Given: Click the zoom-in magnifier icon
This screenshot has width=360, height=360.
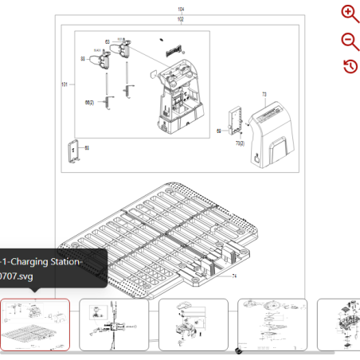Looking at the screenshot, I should (x=350, y=13).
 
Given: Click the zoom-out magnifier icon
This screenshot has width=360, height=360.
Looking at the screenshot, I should (x=350, y=41).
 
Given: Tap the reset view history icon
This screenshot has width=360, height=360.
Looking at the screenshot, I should (x=350, y=66).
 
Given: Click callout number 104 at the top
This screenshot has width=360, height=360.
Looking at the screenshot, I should (x=180, y=10).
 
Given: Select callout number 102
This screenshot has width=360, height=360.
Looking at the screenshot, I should (x=180, y=18).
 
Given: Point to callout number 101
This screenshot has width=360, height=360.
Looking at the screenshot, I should (x=65, y=84).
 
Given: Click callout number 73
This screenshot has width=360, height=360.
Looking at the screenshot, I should (x=264, y=95).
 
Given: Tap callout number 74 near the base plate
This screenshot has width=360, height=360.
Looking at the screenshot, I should (x=235, y=276).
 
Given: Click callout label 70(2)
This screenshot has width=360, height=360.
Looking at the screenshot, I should (x=240, y=143).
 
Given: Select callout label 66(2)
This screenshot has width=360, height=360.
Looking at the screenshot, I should (x=89, y=103).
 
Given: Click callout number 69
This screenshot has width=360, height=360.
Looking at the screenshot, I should (x=219, y=131).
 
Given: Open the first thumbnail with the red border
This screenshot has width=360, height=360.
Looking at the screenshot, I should (x=35, y=324).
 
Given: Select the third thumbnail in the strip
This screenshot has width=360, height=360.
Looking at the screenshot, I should (x=194, y=324).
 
